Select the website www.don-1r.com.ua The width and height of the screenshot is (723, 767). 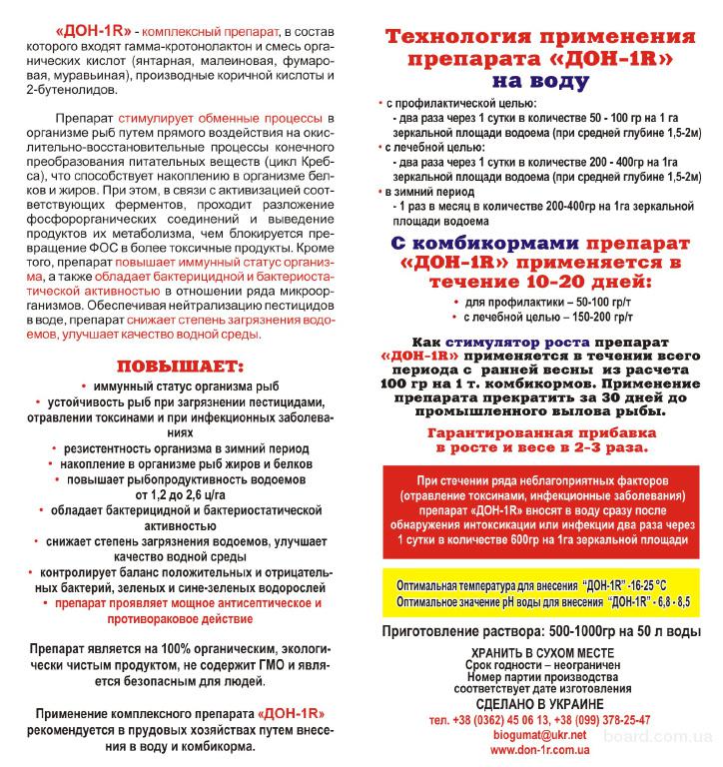click(540, 749)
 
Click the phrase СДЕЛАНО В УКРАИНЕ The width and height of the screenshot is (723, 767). click(540, 704)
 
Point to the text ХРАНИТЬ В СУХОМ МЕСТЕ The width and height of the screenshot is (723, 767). click(540, 652)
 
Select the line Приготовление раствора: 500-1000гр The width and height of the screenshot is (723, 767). click(541, 633)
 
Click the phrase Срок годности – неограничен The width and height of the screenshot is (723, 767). click(540, 665)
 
